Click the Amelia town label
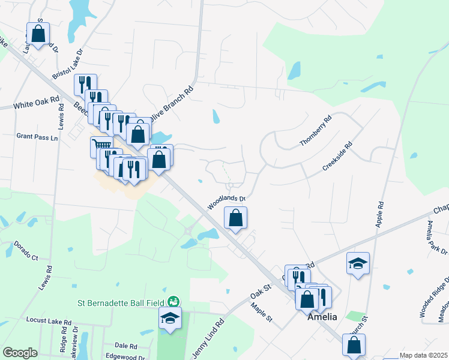click(322, 317)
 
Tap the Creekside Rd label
click(337, 157)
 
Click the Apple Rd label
click(379, 214)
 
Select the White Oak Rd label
click(37, 103)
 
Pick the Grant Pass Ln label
click(37, 137)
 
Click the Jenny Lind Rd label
click(208, 338)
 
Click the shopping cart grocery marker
click(101, 146)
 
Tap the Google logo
click(20, 353)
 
